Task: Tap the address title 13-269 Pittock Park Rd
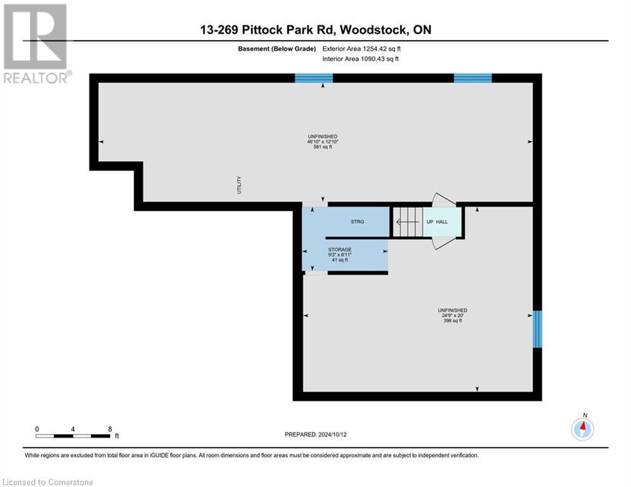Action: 315,30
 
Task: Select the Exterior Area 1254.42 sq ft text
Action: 360,48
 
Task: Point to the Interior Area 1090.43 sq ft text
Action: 360,58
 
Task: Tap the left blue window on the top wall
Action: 314,78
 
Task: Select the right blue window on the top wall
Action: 472,78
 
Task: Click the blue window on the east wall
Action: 537,329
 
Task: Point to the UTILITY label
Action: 239,185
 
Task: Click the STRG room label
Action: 357,222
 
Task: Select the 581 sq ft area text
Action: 322,147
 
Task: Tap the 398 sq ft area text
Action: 453,321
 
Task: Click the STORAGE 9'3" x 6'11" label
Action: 340,254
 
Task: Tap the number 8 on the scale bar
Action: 110,429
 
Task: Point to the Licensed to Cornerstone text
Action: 48,482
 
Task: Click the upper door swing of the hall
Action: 443,200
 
